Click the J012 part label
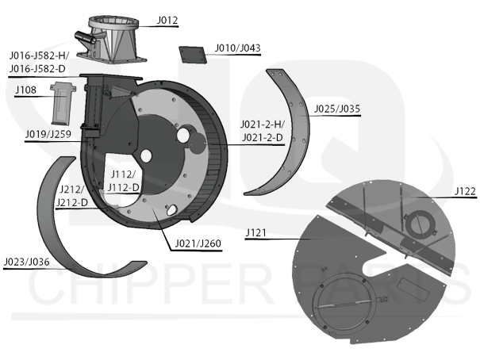click(x=167, y=21)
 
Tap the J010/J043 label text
click(x=237, y=48)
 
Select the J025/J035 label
click(x=337, y=109)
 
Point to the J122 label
click(x=465, y=191)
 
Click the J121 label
click(x=256, y=233)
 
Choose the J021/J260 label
click(x=198, y=243)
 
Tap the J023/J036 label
click(x=26, y=262)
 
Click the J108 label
click(x=25, y=90)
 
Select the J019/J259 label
click(x=48, y=134)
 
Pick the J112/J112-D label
click(x=123, y=181)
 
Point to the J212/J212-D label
click(x=71, y=196)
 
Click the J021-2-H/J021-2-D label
click(x=263, y=131)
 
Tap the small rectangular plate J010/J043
click(x=193, y=55)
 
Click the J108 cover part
click(x=63, y=103)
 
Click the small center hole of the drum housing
click(x=146, y=156)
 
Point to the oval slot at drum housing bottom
click(x=171, y=209)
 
